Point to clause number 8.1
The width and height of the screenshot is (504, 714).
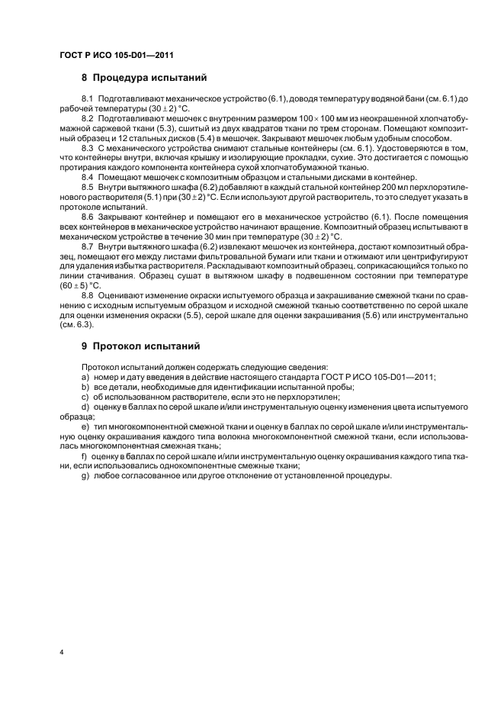tap(87, 100)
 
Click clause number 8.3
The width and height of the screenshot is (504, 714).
tap(87, 150)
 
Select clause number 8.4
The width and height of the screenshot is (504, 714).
tap(87, 176)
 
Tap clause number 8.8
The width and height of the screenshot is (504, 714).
tap(87, 294)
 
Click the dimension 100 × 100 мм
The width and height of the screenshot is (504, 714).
tap(329, 120)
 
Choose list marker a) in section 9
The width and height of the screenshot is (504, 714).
tap(85, 377)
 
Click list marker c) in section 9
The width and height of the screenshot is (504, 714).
tap(85, 396)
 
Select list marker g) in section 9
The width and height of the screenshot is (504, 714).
tap(85, 476)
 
